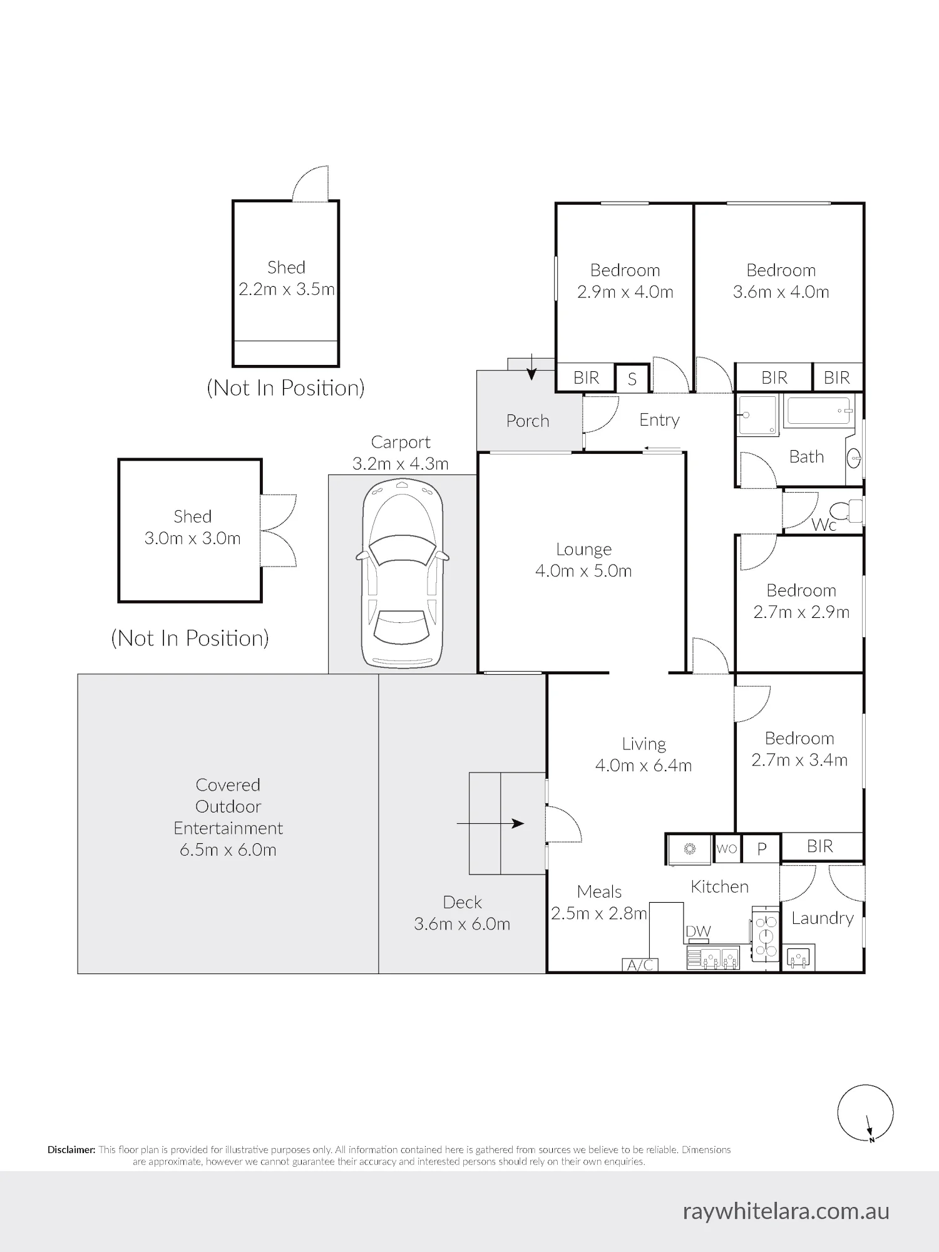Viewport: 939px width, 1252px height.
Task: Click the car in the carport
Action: (402, 573)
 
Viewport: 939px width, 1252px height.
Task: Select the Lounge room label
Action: (583, 549)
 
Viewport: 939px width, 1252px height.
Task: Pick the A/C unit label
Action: (640, 965)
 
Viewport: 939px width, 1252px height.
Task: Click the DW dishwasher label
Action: (698, 931)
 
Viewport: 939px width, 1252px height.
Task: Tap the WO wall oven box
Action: (727, 848)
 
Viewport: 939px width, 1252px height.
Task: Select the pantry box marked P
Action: (762, 848)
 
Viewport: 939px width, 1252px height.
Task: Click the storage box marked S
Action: (632, 378)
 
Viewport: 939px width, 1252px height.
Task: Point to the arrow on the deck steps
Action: (490, 824)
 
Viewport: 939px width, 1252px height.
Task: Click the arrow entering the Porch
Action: (531, 367)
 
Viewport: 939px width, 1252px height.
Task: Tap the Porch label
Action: (528, 421)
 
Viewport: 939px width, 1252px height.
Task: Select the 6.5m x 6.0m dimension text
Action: (228, 849)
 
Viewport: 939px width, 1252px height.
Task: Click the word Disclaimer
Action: (71, 1149)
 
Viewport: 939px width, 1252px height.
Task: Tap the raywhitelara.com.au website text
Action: (786, 1211)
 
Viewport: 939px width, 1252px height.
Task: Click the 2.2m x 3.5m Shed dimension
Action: (286, 289)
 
